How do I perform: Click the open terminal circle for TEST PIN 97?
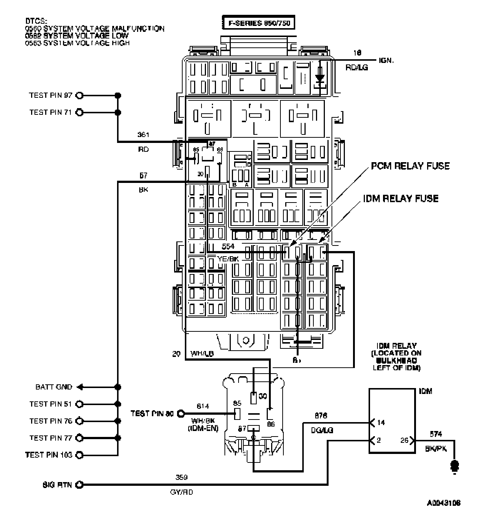tap(79, 96)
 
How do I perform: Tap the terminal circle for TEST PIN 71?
tap(79, 112)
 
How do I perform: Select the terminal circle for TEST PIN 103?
tap(79, 455)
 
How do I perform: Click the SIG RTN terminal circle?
tap(79, 485)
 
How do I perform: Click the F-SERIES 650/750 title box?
tap(258, 23)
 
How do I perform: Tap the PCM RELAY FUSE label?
tap(410, 166)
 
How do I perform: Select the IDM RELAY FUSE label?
tap(400, 198)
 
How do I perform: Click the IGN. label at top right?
tap(386, 60)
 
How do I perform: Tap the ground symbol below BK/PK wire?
tap(454, 465)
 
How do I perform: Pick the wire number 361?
tap(143, 134)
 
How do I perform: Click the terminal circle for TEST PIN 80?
tap(181, 414)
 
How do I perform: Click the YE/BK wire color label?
tap(228, 259)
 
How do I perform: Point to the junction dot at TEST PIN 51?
tap(118, 404)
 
